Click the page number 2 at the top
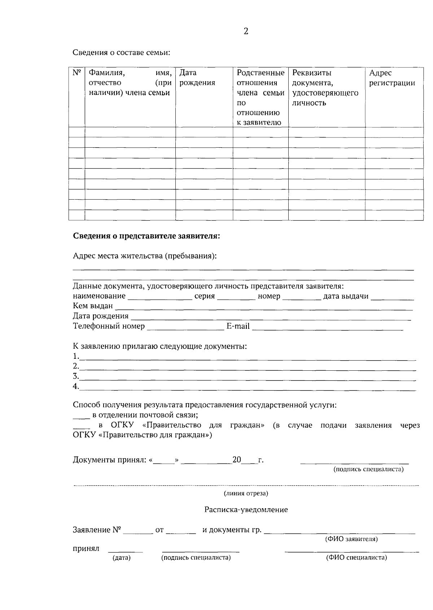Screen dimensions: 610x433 pyautogui.click(x=246, y=31)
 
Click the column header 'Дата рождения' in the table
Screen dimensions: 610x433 pyautogui.click(x=197, y=78)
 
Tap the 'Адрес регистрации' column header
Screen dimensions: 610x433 pyautogui.click(x=392, y=78)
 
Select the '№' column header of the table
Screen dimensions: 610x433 pyautogui.click(x=76, y=73)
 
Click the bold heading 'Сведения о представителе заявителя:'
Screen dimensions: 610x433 pyautogui.click(x=146, y=236)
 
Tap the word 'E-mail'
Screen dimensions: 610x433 pyautogui.click(x=238, y=326)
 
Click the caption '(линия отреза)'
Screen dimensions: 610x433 pyautogui.click(x=246, y=493)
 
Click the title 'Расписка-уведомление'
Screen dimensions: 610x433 pyautogui.click(x=246, y=510)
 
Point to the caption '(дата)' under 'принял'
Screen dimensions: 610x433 pyautogui.click(x=122, y=558)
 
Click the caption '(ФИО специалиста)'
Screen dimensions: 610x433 pyautogui.click(x=357, y=558)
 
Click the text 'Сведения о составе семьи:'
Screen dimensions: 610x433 pyautogui.click(x=121, y=53)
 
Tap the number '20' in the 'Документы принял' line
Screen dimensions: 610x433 pyautogui.click(x=237, y=460)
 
